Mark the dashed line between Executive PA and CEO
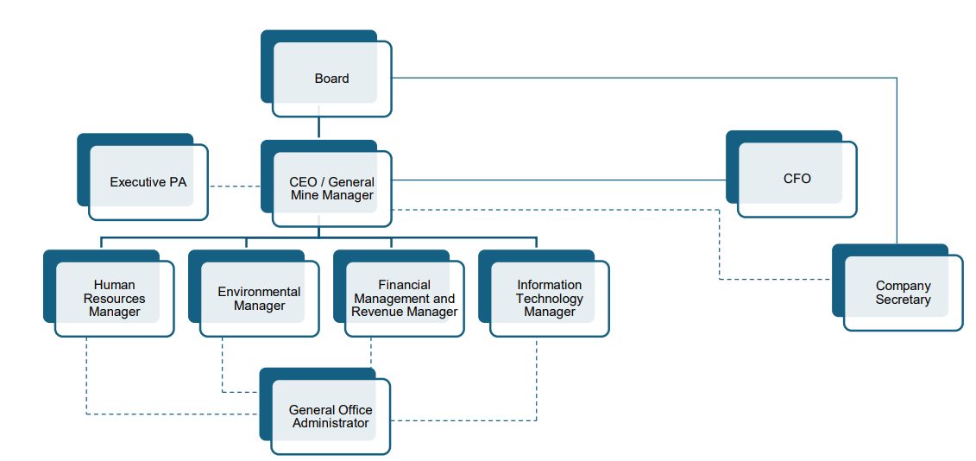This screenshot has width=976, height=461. click(x=235, y=186)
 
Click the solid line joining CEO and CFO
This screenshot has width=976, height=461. click(x=559, y=180)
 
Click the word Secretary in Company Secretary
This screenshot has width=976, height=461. click(x=904, y=300)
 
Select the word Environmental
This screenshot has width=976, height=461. click(x=259, y=292)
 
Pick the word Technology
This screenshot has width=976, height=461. click(x=550, y=299)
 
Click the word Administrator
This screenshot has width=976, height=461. click(x=331, y=423)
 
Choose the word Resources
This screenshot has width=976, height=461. click(x=114, y=299)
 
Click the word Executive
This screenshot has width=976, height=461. click(x=138, y=182)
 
